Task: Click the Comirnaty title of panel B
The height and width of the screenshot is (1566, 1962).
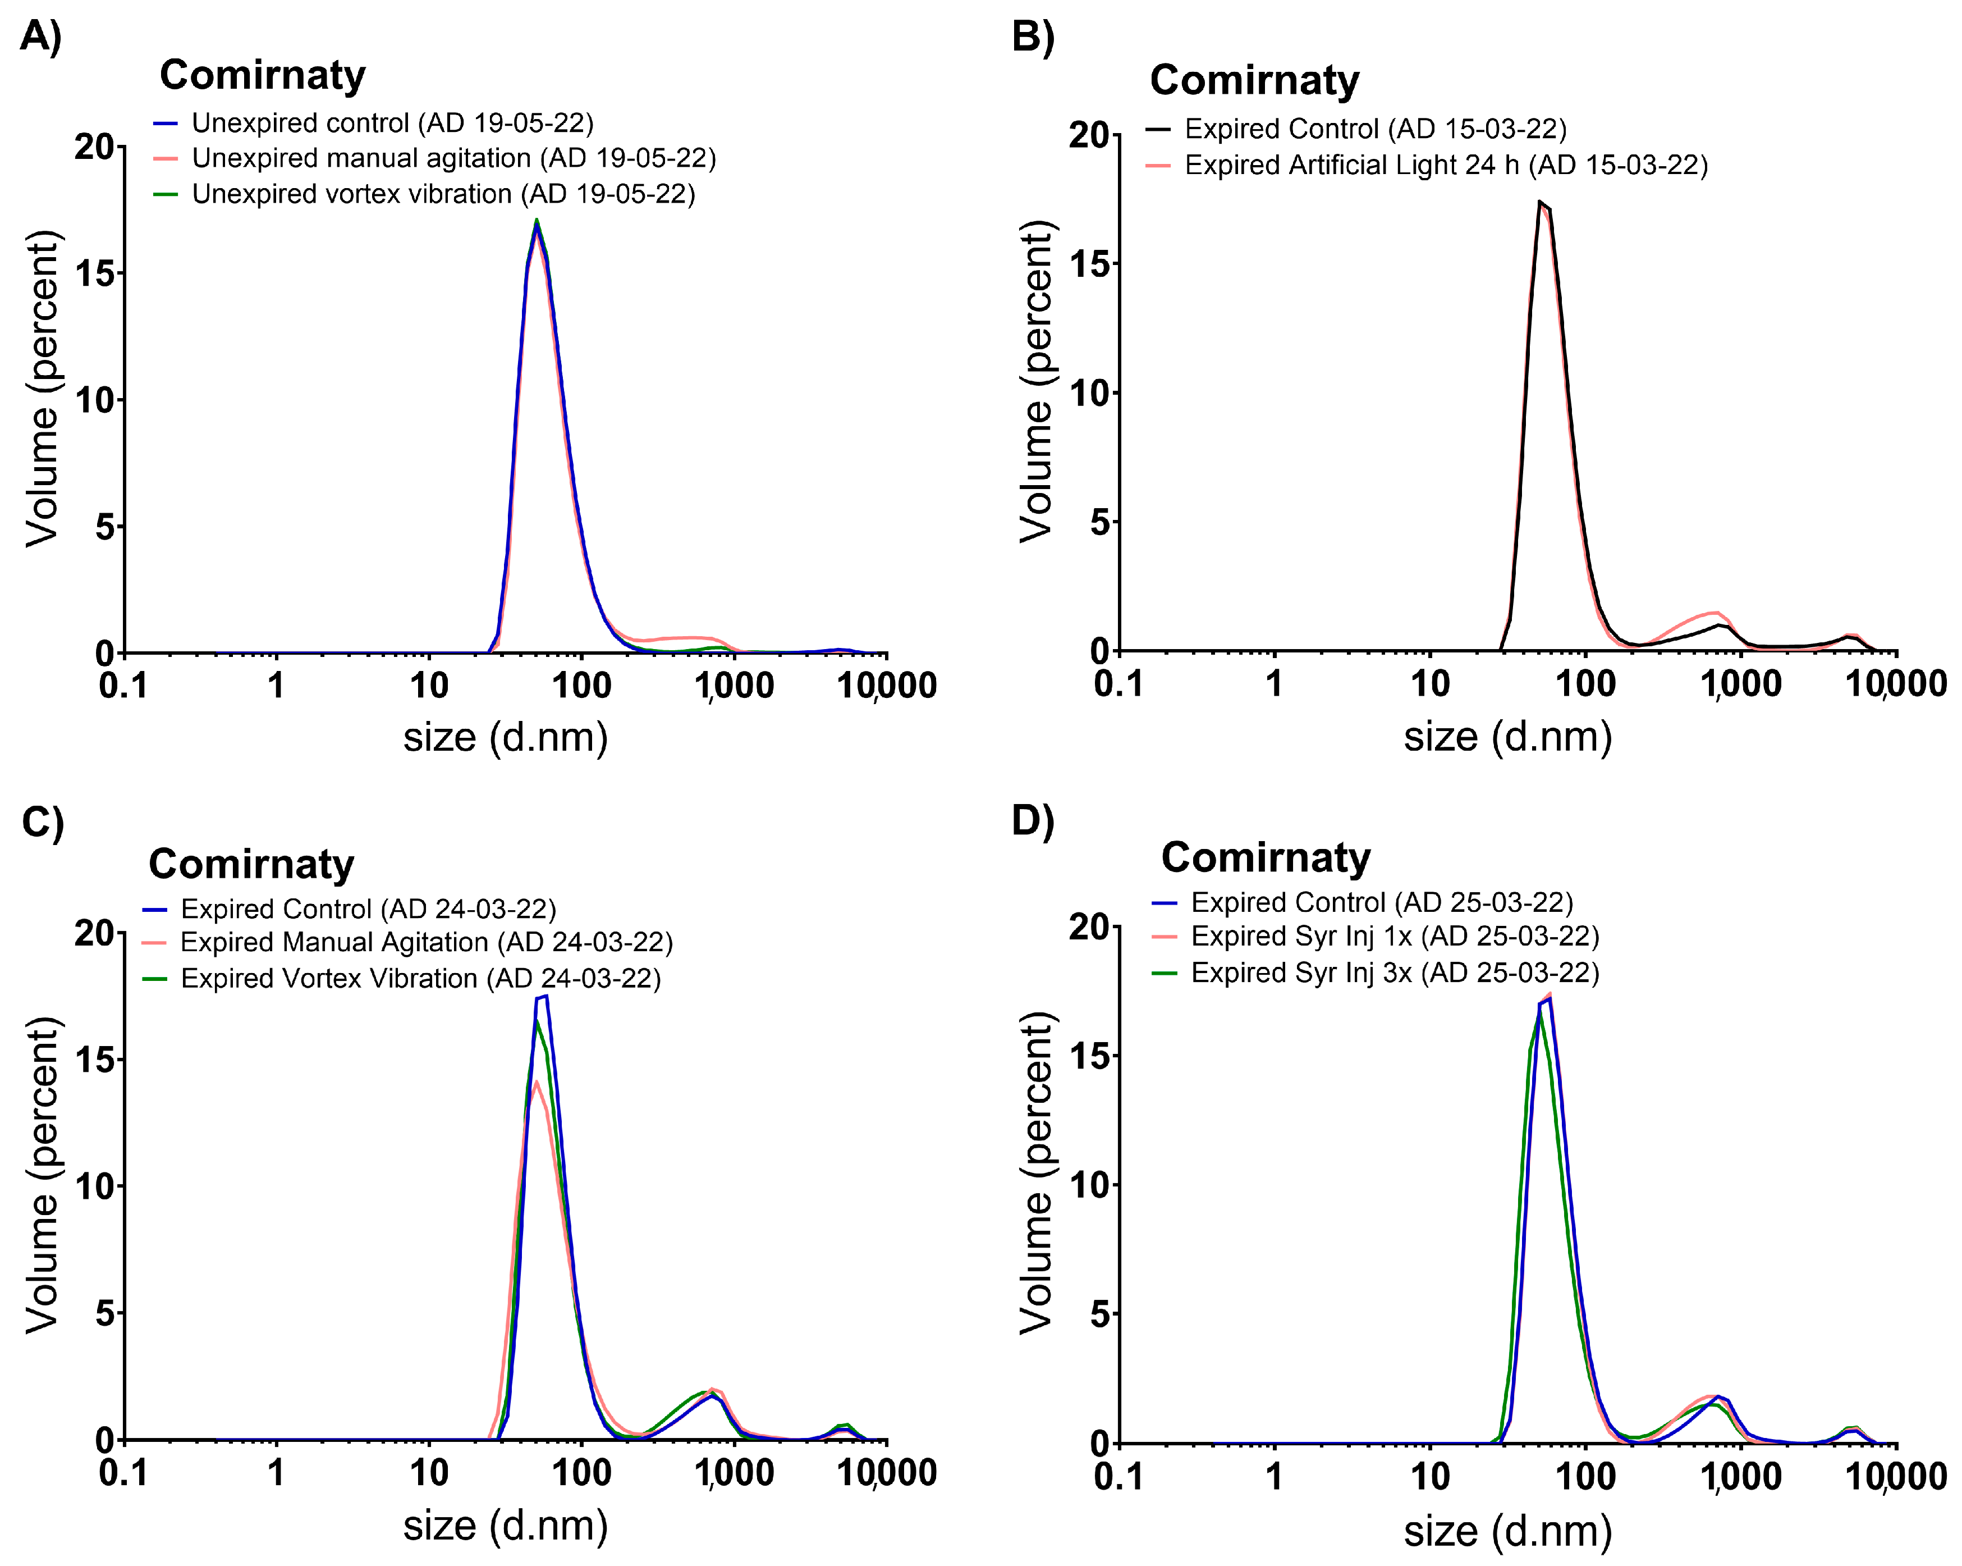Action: tap(1254, 80)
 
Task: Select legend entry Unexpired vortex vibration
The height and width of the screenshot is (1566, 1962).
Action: tap(442, 194)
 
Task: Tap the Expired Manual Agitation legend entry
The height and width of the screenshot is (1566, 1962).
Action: tap(426, 942)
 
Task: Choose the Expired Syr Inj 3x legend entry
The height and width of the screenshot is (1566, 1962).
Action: tap(1394, 973)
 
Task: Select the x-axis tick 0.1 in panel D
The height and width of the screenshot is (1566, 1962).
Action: tap(1118, 1476)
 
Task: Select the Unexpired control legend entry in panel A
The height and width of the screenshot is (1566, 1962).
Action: tap(391, 123)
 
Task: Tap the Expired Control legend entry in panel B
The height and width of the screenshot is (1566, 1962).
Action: tap(1374, 129)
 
